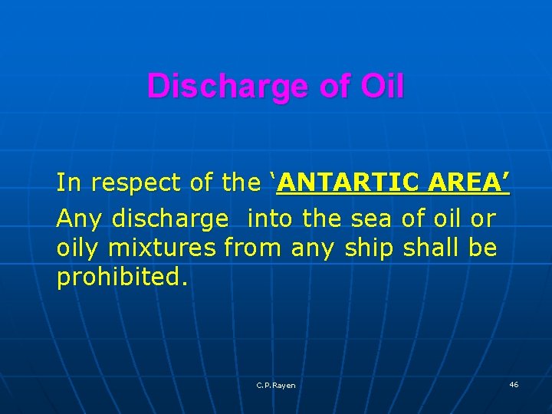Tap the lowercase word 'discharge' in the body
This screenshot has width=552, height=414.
(170, 219)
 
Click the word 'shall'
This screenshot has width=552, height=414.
(429, 248)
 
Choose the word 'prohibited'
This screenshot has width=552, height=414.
(119, 277)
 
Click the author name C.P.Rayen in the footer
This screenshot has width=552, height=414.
(276, 386)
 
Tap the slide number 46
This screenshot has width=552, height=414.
(513, 384)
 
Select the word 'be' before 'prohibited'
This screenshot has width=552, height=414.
(485, 248)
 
